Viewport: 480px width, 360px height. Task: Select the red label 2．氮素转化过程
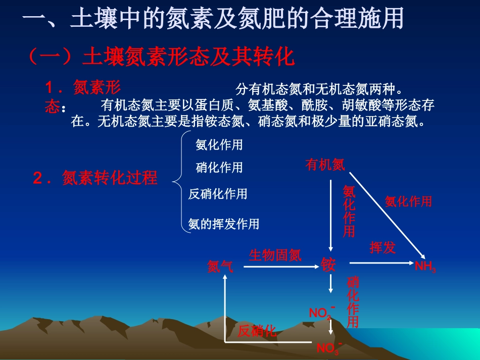pyautogui.click(x=95, y=178)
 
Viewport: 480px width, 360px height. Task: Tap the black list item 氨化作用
pyautogui.click(x=219, y=145)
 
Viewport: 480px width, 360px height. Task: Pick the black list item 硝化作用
pyautogui.click(x=219, y=168)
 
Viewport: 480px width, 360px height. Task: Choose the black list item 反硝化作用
pyautogui.click(x=218, y=194)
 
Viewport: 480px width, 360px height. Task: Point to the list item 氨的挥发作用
pyautogui.click(x=223, y=224)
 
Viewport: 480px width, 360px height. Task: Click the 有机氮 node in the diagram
pyautogui.click(x=325, y=165)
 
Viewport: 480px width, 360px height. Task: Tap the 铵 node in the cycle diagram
pyautogui.click(x=328, y=264)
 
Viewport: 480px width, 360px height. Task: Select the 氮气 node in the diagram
pyautogui.click(x=221, y=267)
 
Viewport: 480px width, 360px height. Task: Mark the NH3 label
pyautogui.click(x=425, y=267)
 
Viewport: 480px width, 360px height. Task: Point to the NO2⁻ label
pyautogui.click(x=322, y=313)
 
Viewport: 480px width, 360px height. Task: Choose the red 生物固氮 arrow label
pyautogui.click(x=275, y=255)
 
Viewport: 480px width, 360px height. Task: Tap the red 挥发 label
pyautogui.click(x=382, y=247)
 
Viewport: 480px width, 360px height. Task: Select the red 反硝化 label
pyautogui.click(x=257, y=331)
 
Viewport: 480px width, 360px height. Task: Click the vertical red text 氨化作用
pyautogui.click(x=349, y=211)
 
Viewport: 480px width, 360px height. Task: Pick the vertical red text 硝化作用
pyautogui.click(x=353, y=302)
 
